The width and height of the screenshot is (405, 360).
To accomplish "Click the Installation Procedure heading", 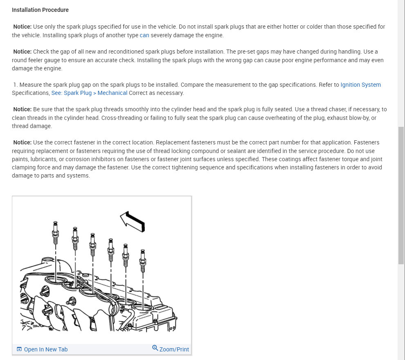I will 40,10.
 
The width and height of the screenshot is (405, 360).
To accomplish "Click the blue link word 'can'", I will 144,35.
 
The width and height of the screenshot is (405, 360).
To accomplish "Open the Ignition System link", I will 360,85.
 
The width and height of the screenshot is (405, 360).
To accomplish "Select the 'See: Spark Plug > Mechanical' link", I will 89,93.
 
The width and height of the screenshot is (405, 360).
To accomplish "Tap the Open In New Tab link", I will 45,349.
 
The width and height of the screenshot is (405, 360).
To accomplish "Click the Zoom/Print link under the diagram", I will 174,349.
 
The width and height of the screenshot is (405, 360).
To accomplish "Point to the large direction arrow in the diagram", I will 133,221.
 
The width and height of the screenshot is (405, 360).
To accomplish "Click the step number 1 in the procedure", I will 15,85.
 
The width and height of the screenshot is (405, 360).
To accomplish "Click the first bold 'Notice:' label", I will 22,27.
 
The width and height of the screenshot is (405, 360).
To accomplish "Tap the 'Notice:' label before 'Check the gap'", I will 22,52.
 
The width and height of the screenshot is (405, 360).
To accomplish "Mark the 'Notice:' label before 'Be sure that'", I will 22,109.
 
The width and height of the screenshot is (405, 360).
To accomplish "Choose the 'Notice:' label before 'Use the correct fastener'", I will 22,142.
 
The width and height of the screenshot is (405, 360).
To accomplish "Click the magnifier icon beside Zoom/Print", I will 155,348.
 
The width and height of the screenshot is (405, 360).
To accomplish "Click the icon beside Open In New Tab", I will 19,349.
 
